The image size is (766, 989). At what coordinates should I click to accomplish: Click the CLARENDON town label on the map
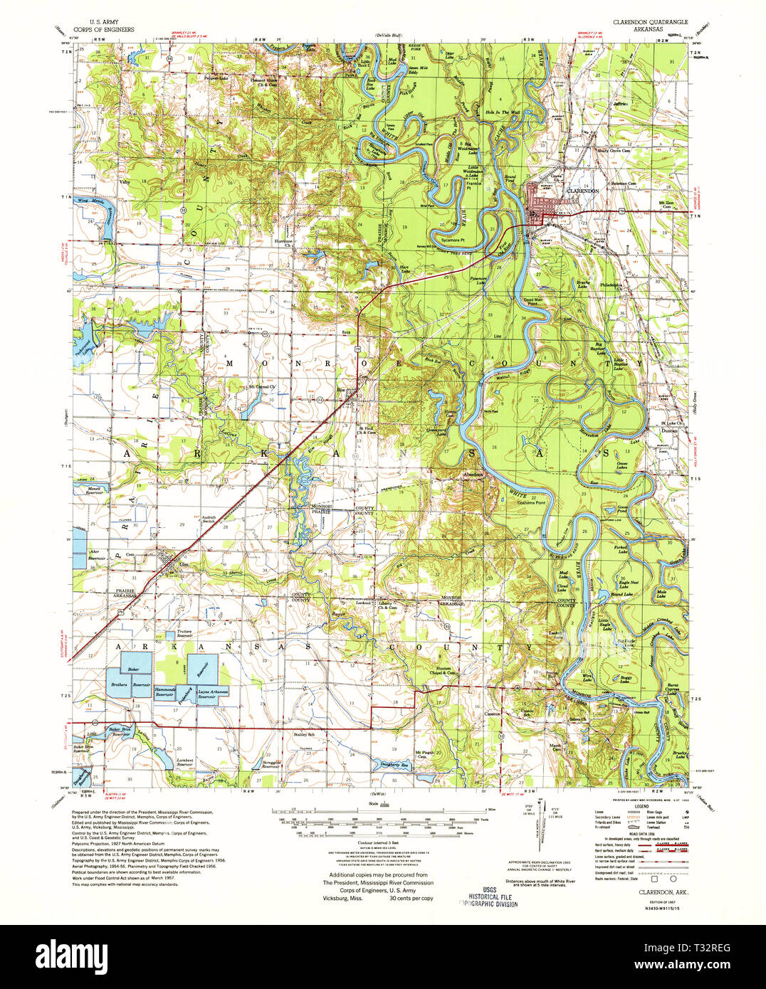pyautogui.click(x=582, y=191)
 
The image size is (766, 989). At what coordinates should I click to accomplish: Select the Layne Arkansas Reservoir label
pyautogui.click(x=212, y=694)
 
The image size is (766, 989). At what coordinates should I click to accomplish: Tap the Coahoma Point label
pyautogui.click(x=530, y=502)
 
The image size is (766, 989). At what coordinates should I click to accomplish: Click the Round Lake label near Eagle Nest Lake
pyautogui.click(x=621, y=594)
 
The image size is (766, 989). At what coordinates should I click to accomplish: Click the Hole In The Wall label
pyautogui.click(x=503, y=112)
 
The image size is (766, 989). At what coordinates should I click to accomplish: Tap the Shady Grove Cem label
pyautogui.click(x=614, y=151)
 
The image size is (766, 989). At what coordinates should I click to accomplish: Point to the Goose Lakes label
pyautogui.click(x=621, y=464)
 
